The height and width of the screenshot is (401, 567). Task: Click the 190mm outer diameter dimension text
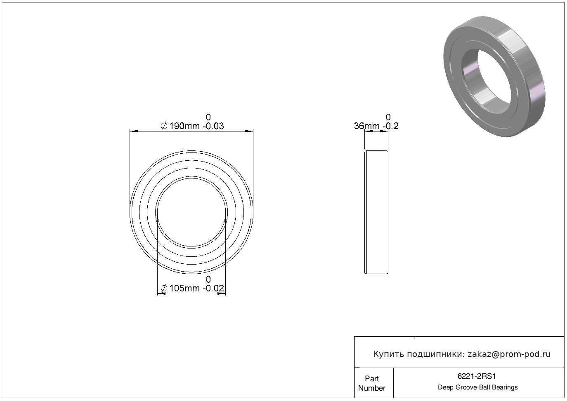click(184, 126)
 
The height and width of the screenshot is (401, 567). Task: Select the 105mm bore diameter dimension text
click(184, 288)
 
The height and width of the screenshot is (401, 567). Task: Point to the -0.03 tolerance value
click(213, 126)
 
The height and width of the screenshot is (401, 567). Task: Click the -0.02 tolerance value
click(213, 288)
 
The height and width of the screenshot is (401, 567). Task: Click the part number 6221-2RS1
click(477, 376)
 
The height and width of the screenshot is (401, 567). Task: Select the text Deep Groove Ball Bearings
click(477, 387)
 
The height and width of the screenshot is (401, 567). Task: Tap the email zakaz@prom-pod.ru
click(509, 354)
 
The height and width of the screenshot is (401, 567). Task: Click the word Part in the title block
click(372, 378)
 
